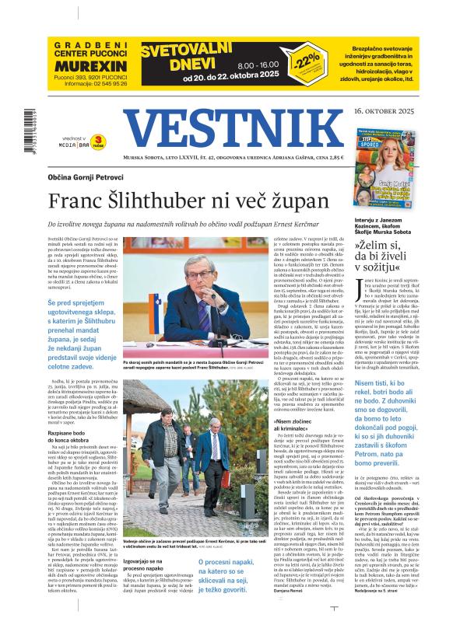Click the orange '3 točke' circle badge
[x=99, y=140]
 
